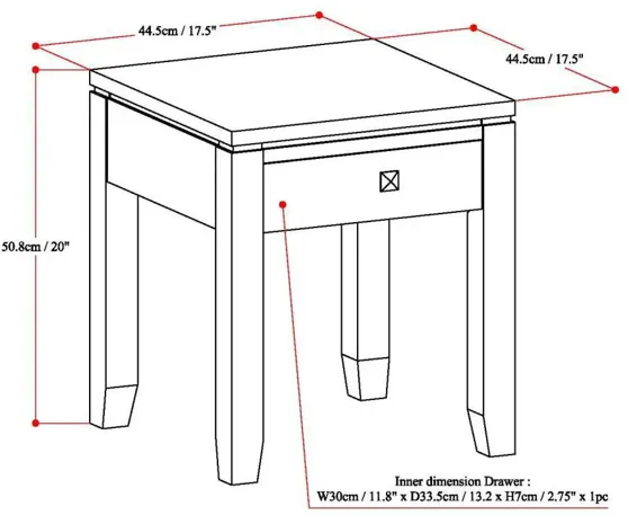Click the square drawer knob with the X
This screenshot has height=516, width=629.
click(390, 181)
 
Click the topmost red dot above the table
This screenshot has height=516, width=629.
click(319, 15)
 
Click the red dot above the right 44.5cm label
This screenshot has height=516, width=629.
click(473, 28)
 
